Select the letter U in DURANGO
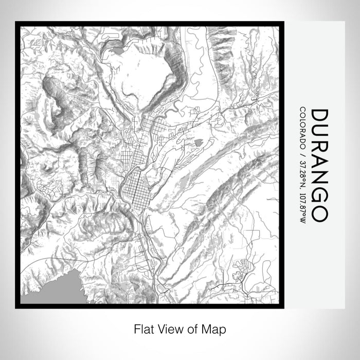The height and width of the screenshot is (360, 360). click(x=319, y=134)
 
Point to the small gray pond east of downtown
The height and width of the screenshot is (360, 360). click(x=199, y=140)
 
